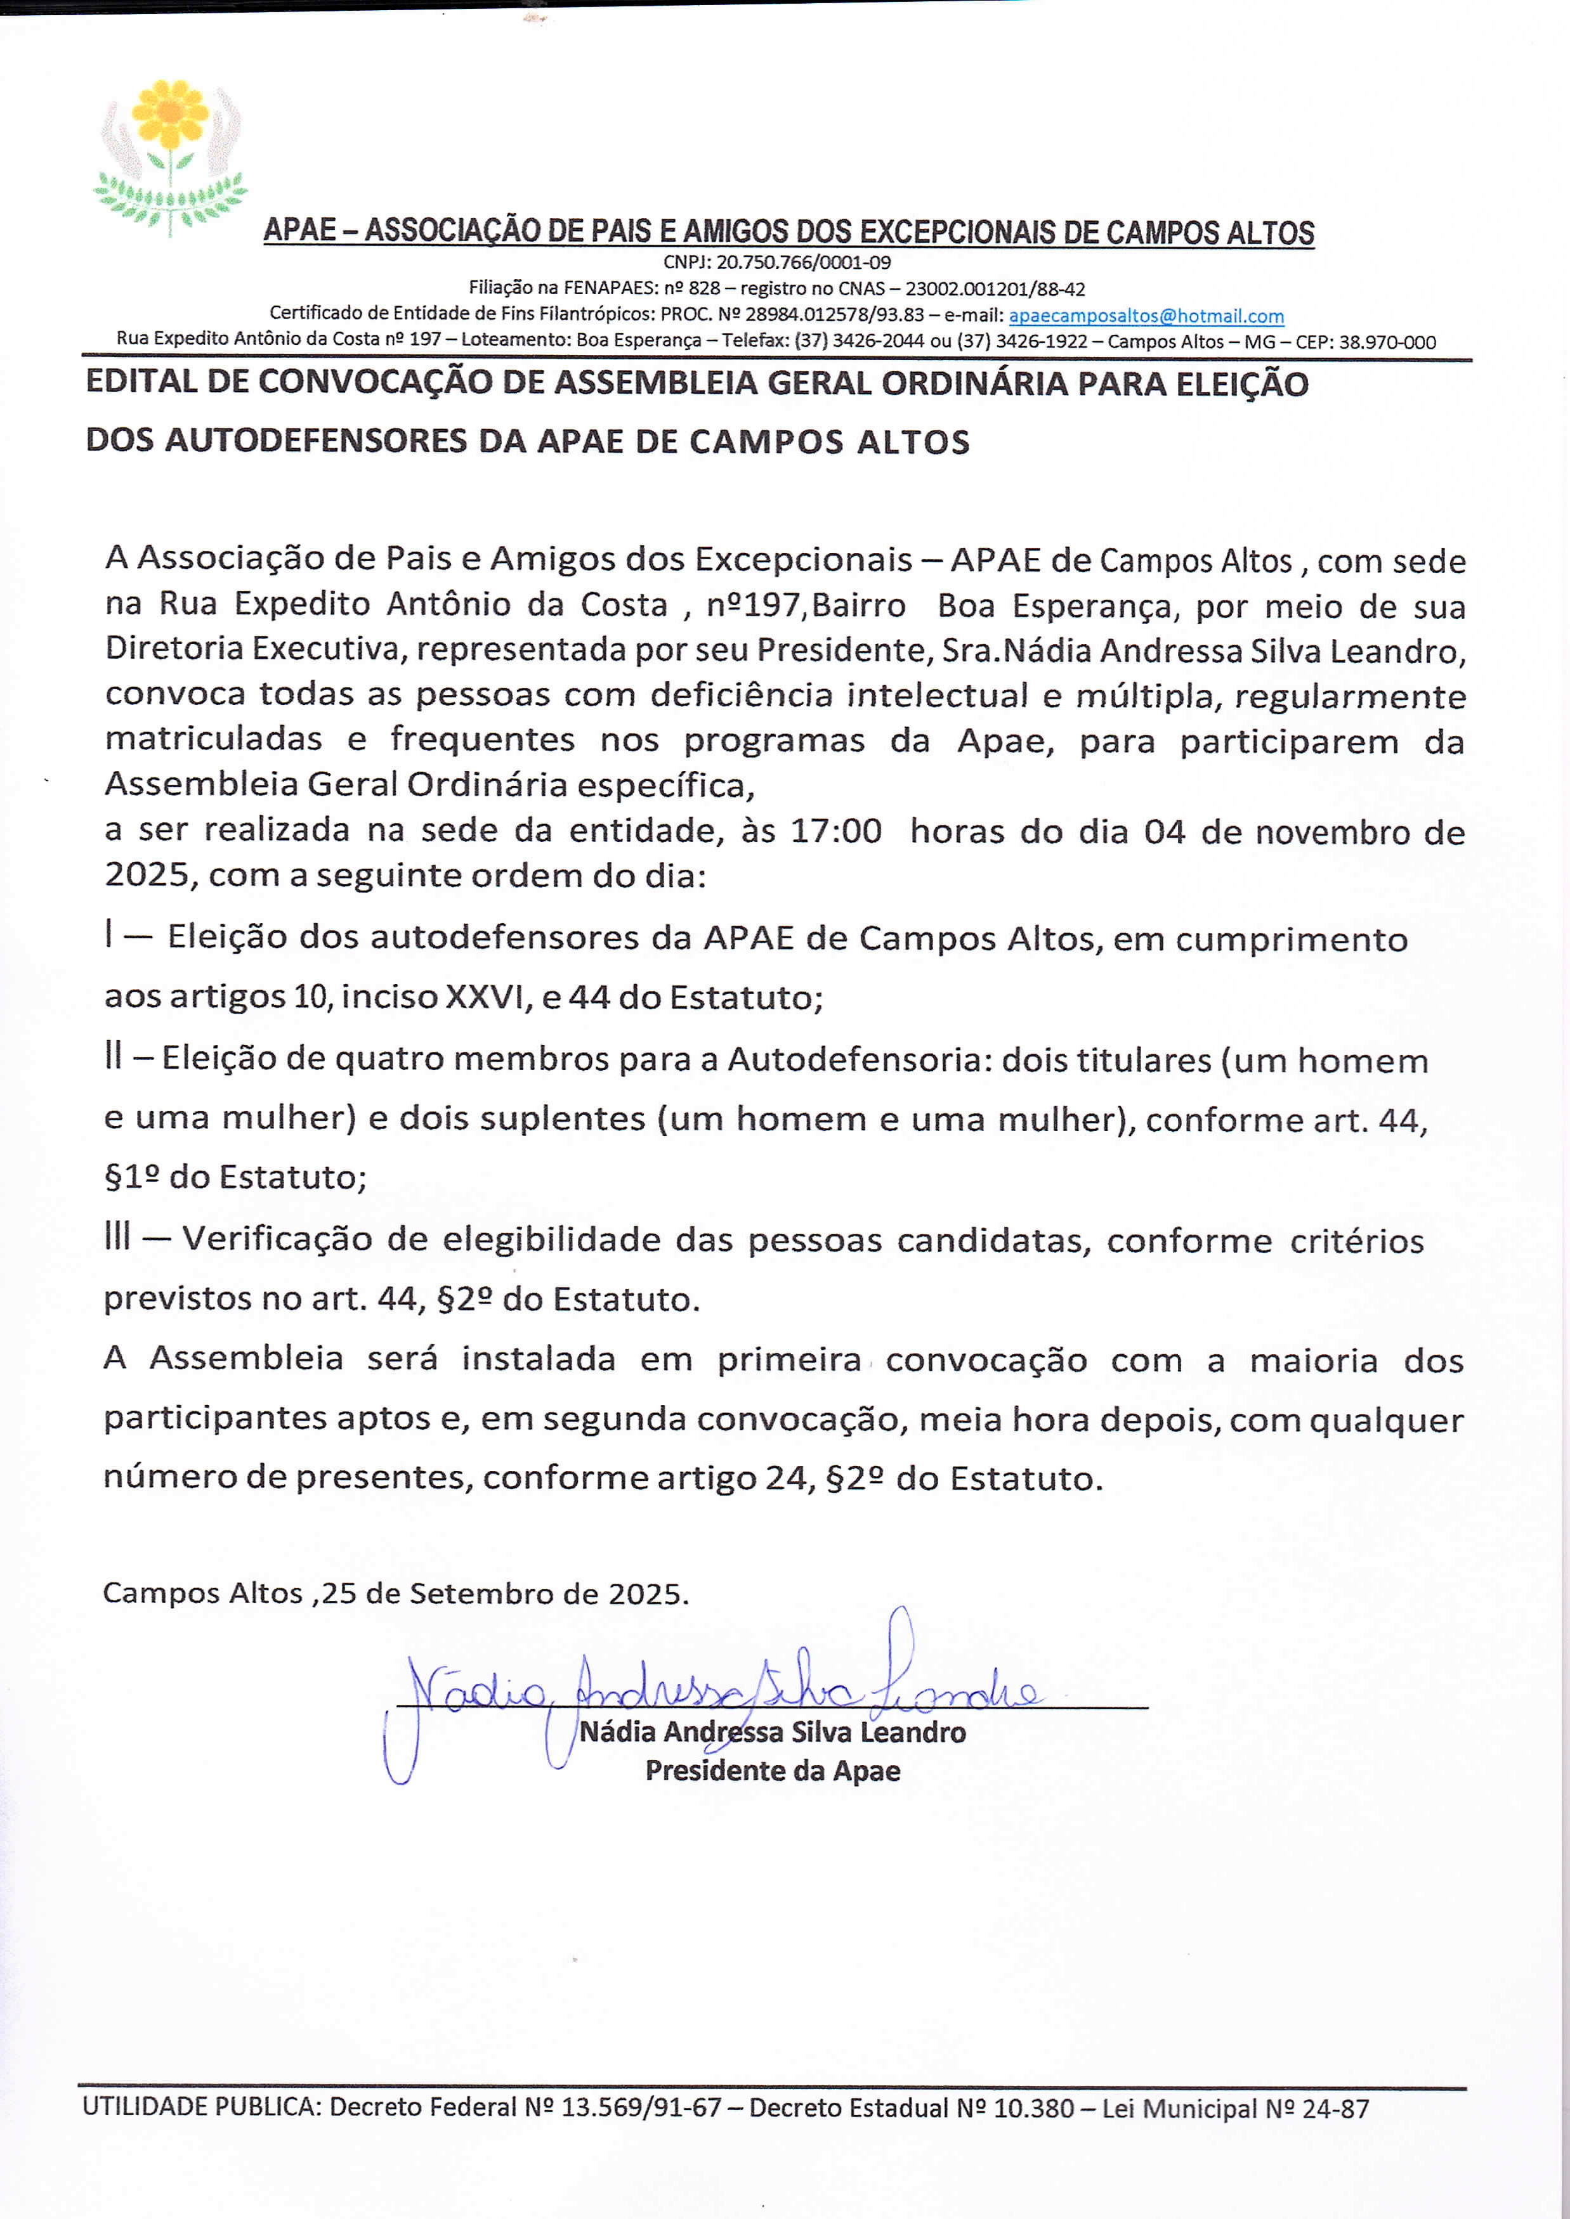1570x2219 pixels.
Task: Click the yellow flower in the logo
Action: (170, 114)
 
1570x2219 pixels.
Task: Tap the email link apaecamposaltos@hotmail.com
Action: (1146, 316)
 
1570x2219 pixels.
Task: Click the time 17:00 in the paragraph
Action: (835, 831)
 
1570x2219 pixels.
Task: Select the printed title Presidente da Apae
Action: (773, 1771)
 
